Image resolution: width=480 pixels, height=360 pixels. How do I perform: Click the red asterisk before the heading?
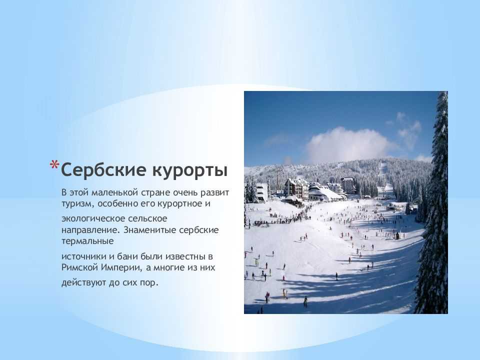pos(54,165)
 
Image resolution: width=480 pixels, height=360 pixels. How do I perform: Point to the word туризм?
pos(78,204)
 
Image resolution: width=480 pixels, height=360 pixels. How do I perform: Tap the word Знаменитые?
pos(150,230)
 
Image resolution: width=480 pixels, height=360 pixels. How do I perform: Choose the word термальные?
pos(87,241)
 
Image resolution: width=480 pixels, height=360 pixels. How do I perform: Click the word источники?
pos(84,256)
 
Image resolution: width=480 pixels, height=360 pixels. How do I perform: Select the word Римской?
pos(79,267)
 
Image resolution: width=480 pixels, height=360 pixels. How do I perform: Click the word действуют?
pos(83,282)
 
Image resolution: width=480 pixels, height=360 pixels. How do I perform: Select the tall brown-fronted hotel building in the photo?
pos(296,188)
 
